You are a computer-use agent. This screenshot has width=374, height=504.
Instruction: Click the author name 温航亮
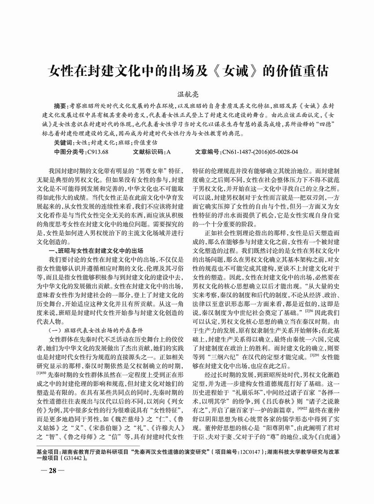point(187,92)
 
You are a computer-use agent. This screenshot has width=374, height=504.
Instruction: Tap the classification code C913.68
point(98,151)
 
